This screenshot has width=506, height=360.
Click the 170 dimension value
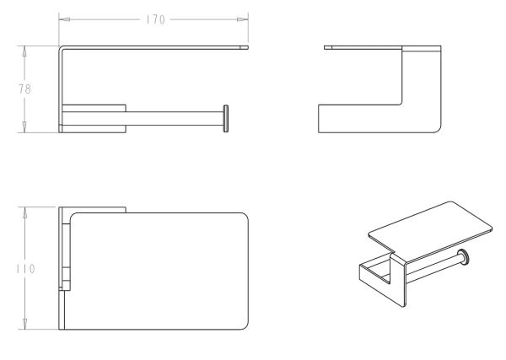(x=155, y=19)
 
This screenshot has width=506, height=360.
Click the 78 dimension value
(x=24, y=89)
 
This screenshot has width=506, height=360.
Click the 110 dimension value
(x=26, y=269)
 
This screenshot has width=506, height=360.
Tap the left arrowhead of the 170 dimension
(x=65, y=19)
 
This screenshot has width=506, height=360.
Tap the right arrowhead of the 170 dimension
(x=242, y=19)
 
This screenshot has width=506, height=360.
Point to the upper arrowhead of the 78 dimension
(x=24, y=51)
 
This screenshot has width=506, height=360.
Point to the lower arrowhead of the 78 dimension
(x=24, y=126)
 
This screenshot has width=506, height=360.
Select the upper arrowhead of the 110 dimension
(x=24, y=212)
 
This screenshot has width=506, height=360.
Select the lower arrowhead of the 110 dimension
(x=24, y=324)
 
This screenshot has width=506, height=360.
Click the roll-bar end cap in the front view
(x=226, y=118)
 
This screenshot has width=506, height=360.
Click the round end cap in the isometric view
(x=464, y=257)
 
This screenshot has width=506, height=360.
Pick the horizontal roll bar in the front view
(x=175, y=118)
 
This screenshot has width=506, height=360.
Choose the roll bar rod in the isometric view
(x=433, y=268)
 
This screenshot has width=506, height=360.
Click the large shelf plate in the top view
(x=159, y=271)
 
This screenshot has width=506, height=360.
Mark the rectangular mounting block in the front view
(x=94, y=118)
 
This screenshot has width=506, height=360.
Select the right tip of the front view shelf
(x=248, y=47)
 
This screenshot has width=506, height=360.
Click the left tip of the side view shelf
(x=325, y=47)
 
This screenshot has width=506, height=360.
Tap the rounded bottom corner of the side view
(x=439, y=130)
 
